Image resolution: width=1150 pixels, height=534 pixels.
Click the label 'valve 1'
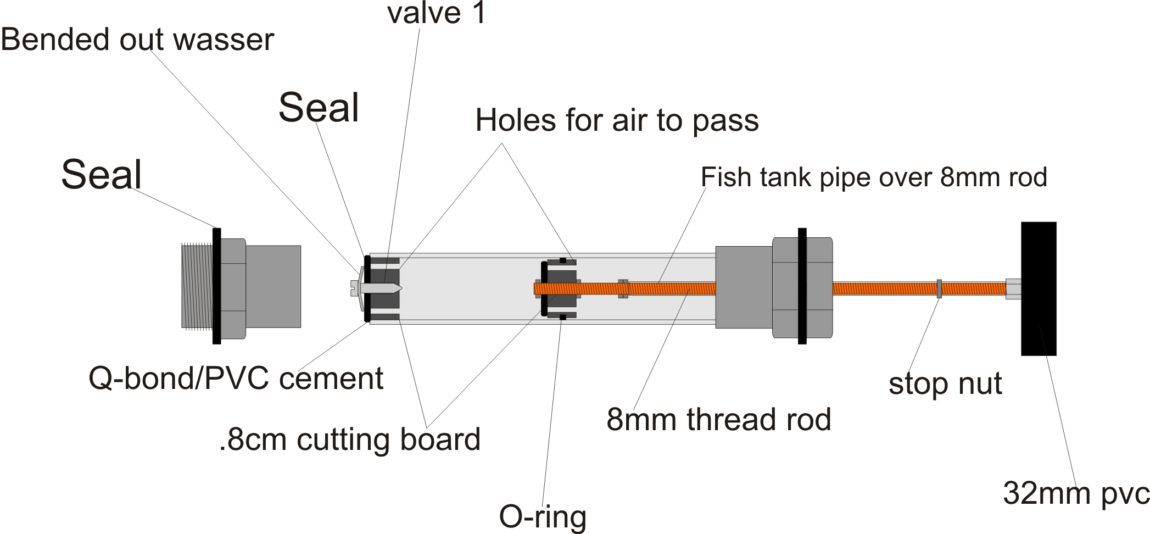437,13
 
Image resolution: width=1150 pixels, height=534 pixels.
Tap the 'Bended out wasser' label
137,40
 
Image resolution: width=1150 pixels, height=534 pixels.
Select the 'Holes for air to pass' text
617,120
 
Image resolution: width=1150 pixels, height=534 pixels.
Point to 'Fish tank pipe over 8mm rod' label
874,177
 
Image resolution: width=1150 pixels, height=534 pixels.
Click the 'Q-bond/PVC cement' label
236,379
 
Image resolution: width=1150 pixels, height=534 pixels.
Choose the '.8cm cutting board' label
350,440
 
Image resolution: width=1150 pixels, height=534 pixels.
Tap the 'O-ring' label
543,516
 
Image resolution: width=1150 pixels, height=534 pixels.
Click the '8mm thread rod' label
718,420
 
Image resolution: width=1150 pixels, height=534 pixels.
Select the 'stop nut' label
945,383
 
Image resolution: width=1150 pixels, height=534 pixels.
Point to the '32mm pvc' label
1076,493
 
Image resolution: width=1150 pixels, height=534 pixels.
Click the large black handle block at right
1039,288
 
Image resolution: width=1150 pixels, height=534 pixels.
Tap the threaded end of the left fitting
197,287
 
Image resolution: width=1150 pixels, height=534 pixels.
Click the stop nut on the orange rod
939,288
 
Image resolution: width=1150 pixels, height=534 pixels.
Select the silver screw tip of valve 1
384,288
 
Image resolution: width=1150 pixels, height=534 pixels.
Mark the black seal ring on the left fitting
217,286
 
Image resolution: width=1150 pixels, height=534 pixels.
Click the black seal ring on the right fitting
802,286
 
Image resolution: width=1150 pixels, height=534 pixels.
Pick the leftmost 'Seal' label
102,175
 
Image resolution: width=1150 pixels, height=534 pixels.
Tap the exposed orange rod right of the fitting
884,288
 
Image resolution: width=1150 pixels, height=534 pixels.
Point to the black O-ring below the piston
562,318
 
